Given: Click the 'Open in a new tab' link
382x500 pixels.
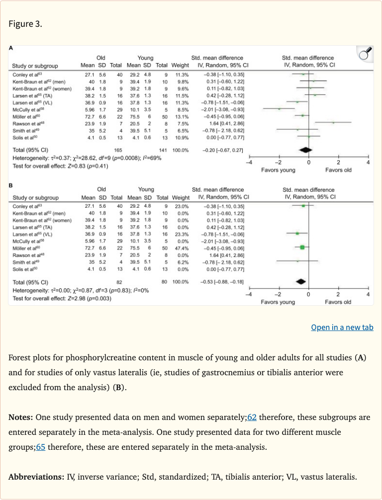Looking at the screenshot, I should (x=342, y=327).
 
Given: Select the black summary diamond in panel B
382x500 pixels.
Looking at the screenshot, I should (x=300, y=281).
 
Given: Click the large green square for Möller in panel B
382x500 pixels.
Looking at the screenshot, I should (x=302, y=247).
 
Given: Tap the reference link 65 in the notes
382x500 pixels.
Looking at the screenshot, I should (x=41, y=446).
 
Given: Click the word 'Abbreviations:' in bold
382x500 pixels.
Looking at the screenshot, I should (x=36, y=477).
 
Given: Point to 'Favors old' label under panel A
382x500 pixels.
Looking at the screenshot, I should (x=338, y=170).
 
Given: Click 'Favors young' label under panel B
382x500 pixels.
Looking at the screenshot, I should (x=278, y=302).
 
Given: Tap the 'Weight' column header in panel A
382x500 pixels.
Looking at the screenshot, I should (x=180, y=65).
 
